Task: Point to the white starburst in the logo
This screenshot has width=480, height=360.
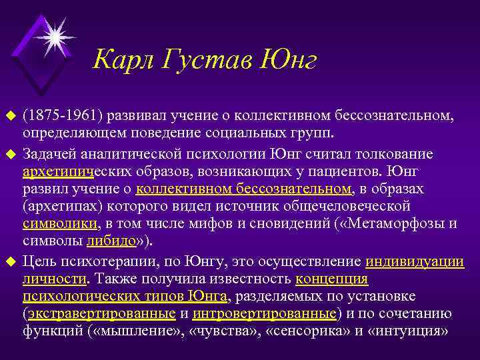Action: click(x=55, y=34)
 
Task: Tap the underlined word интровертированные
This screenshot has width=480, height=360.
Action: click(x=263, y=313)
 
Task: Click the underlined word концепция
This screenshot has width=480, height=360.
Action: click(x=331, y=278)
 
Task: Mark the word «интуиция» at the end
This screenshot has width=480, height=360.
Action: click(x=415, y=331)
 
